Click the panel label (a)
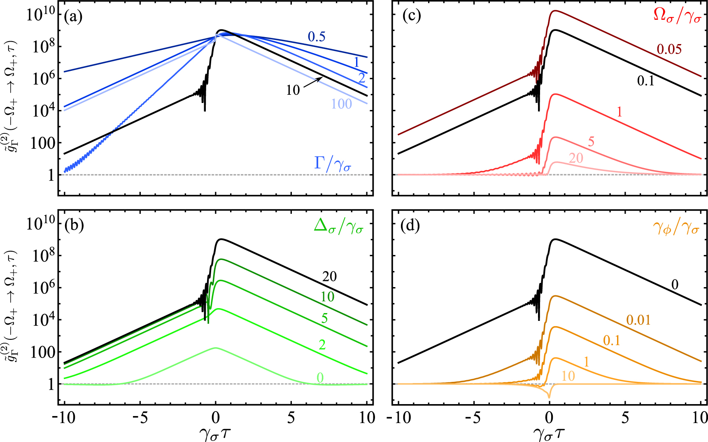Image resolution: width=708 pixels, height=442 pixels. (x=74, y=17)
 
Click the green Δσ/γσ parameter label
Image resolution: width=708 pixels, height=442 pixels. (x=338, y=226)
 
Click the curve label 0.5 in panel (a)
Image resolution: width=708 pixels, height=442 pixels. (x=317, y=37)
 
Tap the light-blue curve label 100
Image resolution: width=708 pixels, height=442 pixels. (x=342, y=104)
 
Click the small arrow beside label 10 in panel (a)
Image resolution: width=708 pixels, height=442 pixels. (x=313, y=82)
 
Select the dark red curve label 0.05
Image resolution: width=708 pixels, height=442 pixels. (x=669, y=49)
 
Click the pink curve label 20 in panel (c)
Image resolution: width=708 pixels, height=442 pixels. (x=576, y=158)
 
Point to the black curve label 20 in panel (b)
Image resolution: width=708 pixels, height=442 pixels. (x=329, y=276)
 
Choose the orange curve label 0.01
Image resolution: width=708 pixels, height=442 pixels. (x=638, y=320)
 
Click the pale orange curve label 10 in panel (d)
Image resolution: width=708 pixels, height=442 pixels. (x=568, y=376)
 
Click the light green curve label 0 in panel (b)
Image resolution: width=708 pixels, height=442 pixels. (x=320, y=377)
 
